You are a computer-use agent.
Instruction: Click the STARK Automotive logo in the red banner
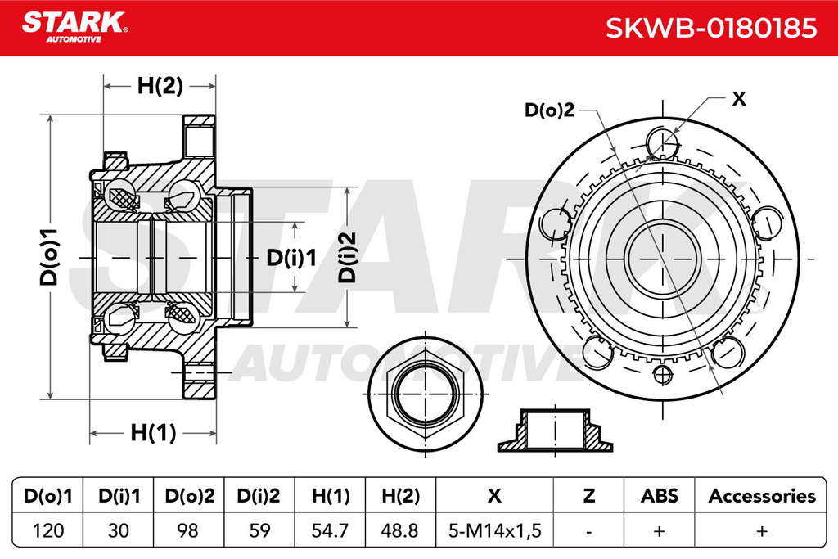(x=74, y=26)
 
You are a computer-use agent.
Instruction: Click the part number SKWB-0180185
(x=711, y=28)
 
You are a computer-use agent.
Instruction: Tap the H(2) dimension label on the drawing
(x=160, y=85)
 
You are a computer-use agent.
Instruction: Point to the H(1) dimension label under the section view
(x=153, y=432)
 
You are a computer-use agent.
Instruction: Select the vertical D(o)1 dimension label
(x=49, y=256)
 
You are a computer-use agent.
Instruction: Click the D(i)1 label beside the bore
(x=291, y=258)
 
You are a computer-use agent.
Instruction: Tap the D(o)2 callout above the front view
(x=549, y=110)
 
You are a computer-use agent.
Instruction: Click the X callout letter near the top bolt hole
(x=739, y=98)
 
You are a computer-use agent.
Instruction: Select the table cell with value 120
(x=48, y=530)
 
